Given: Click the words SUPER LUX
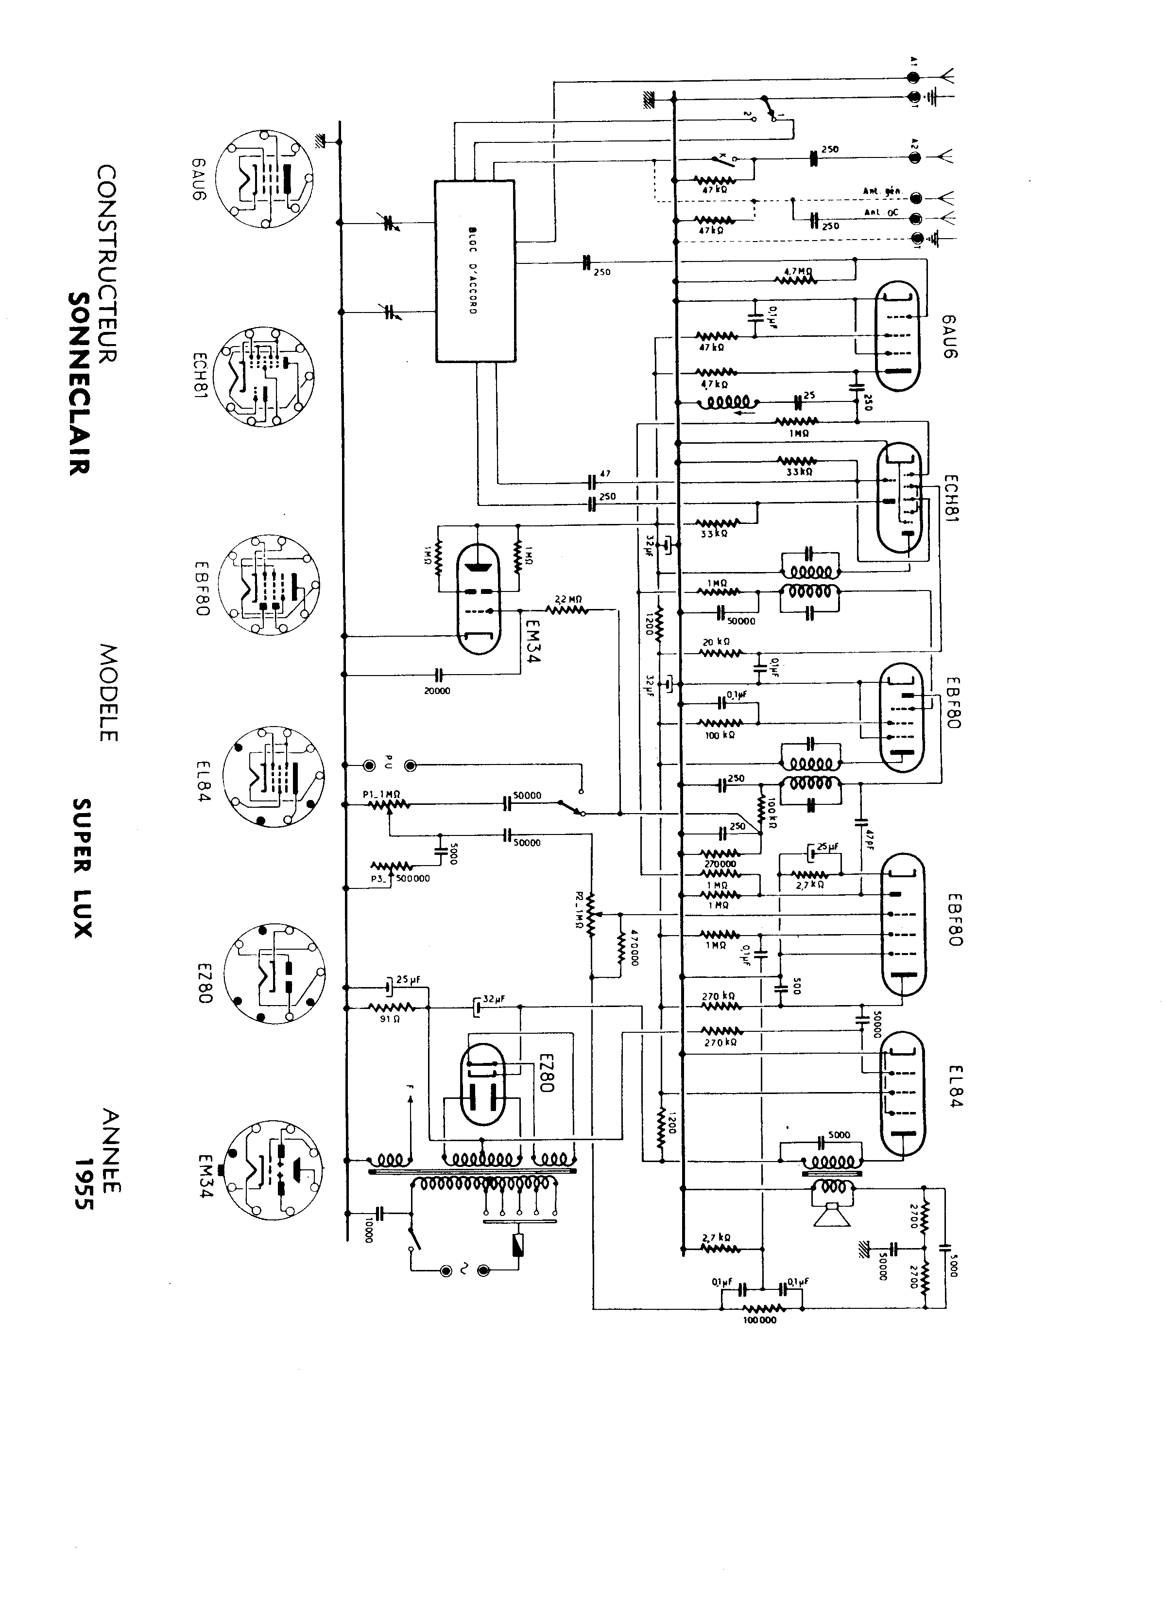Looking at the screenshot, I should point(83,868).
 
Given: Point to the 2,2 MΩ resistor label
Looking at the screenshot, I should point(567,600).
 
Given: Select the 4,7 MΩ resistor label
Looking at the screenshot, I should point(797,270).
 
